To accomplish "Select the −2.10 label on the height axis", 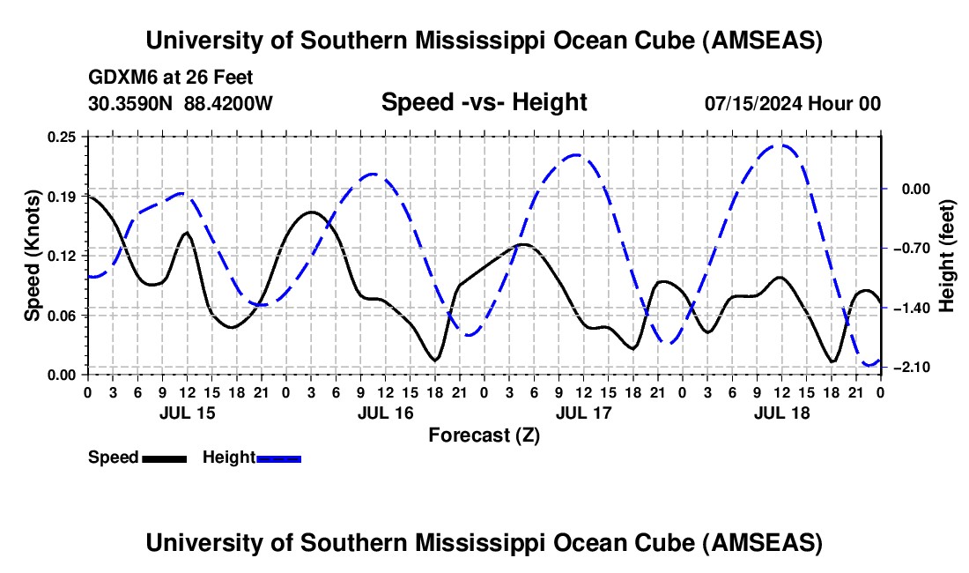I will pos(912,368).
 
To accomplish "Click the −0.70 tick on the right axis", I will pos(912,249).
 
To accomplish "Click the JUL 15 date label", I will pos(187,413).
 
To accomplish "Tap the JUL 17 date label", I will pos(583,413).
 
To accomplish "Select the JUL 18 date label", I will pos(781,413).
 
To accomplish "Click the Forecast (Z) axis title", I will pos(484,435).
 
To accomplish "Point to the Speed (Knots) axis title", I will pos(33,256).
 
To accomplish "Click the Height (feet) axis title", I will pos(947,256).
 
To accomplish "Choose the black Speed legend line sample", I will pos(164,458).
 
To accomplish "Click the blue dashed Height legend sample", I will pos(279,458).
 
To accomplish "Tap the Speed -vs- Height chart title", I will pos(484,102).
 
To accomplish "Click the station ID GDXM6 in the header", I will pos(118,78).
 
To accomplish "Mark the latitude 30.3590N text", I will pos(130,103).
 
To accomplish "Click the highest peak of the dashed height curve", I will pos(780,145).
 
